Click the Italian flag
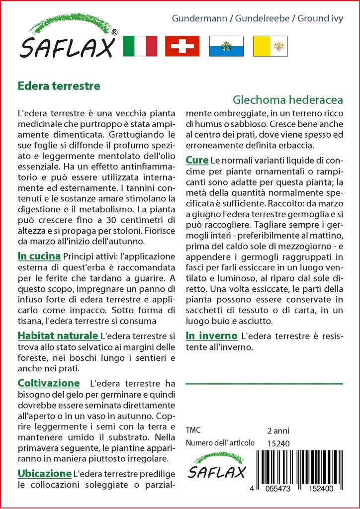[140, 46]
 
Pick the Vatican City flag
[270, 46]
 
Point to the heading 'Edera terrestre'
[59, 85]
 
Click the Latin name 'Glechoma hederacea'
[288, 99]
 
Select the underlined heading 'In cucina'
[39, 256]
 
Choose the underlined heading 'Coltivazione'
[48, 383]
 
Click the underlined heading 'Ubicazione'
[44, 473]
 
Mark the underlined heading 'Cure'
[196, 160]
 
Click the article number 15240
[278, 443]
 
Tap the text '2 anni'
[278, 430]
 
